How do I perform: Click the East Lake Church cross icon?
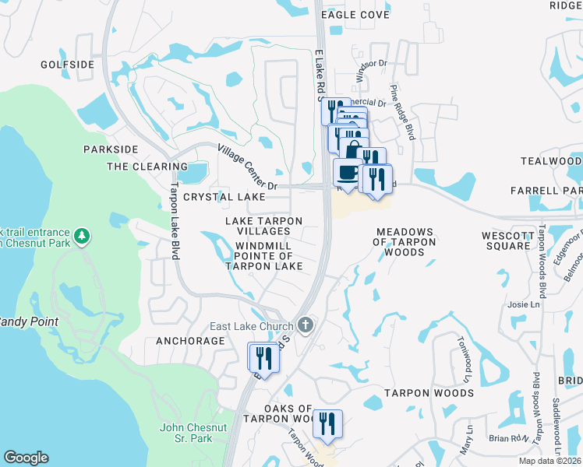(306, 325)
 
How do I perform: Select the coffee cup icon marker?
(347, 172)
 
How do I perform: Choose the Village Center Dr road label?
(247, 167)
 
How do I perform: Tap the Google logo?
(25, 458)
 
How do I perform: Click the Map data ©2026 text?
(549, 461)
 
